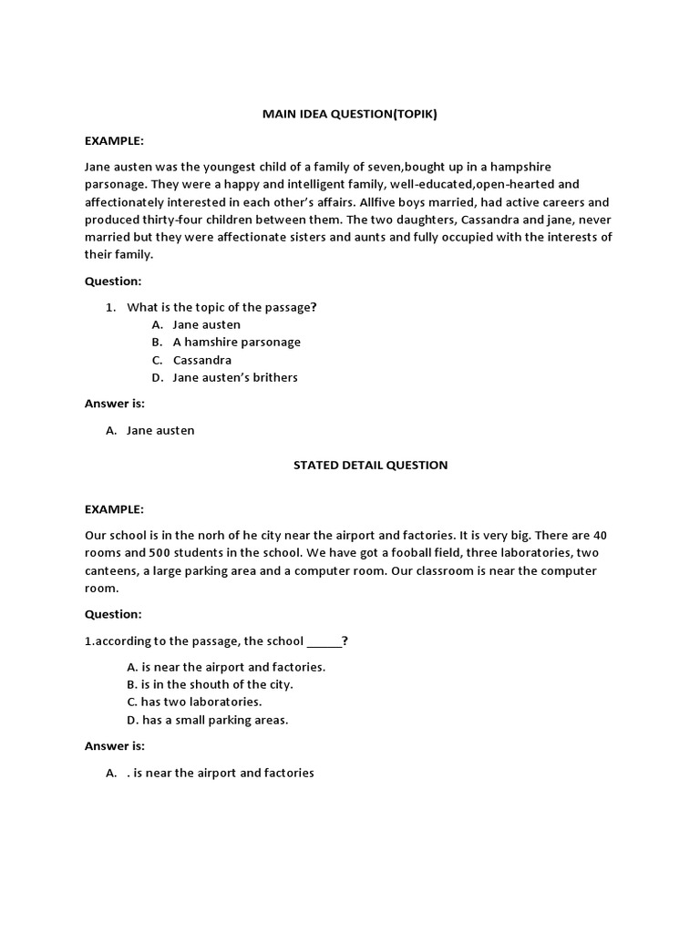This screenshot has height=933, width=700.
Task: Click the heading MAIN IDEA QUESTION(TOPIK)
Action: point(349,114)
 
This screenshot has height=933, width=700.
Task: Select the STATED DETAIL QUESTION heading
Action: point(370,465)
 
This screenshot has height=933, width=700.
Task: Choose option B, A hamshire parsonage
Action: point(236,342)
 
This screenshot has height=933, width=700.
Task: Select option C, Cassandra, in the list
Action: point(201,360)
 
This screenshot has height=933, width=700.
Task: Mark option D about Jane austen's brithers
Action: point(234,377)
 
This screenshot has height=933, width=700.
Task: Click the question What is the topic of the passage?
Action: point(221,307)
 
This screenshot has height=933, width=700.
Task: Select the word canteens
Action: point(111,571)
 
